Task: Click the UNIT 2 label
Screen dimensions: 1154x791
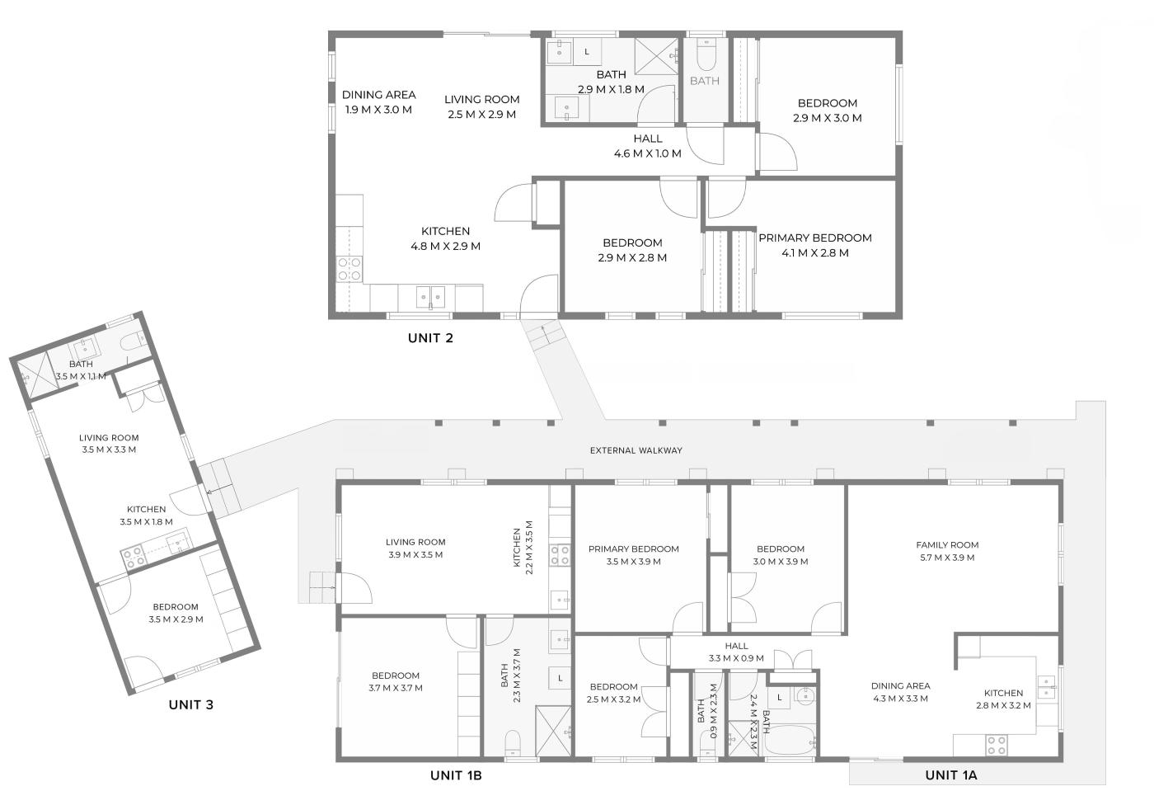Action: (x=430, y=338)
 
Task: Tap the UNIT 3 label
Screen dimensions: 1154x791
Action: (x=190, y=705)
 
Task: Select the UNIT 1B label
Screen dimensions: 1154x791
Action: (x=456, y=775)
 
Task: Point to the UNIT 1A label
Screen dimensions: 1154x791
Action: (x=951, y=775)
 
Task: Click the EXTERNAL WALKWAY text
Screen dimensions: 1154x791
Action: (x=636, y=450)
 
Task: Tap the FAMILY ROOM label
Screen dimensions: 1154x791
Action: (x=947, y=545)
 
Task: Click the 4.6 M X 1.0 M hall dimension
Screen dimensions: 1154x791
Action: (x=648, y=153)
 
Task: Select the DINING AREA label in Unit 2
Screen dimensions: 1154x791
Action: (x=378, y=95)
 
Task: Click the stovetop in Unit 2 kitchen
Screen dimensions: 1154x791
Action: (x=349, y=270)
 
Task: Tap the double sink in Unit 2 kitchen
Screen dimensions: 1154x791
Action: (x=430, y=297)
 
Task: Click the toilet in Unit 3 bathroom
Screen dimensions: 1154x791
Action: (x=135, y=341)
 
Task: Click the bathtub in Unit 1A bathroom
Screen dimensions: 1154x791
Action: (x=790, y=742)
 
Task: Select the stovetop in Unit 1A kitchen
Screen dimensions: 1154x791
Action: (x=997, y=746)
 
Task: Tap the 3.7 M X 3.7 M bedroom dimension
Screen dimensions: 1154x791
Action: (x=396, y=688)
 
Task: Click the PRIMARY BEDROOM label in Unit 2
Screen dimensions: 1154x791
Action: (x=815, y=238)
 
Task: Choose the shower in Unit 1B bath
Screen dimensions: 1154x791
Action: (x=553, y=731)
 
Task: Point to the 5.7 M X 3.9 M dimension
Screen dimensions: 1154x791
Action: (x=947, y=558)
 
